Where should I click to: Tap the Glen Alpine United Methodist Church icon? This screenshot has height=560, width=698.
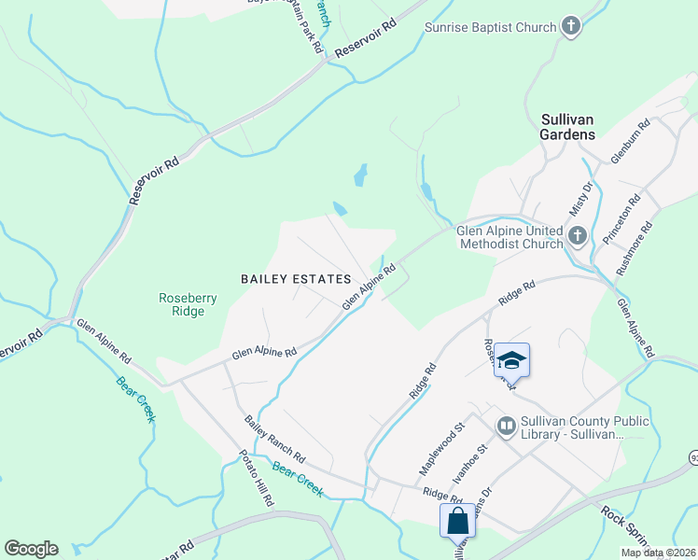coord(578,237)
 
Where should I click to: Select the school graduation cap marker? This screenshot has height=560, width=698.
coord(511,360)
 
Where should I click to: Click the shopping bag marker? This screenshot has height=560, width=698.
coord(457,521)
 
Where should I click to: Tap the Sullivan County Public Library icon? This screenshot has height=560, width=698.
coord(507,427)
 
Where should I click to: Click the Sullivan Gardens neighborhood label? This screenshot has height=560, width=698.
coord(567,127)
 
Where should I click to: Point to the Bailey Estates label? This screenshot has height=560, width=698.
coord(295,279)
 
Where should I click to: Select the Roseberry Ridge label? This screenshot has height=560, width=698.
coord(188,305)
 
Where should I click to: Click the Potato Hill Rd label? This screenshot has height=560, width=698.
coord(256,478)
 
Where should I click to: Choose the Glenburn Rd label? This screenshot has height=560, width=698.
coord(630,142)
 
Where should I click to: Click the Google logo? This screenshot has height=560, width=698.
coord(31,549)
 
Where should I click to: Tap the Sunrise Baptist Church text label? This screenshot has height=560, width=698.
coord(490,28)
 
